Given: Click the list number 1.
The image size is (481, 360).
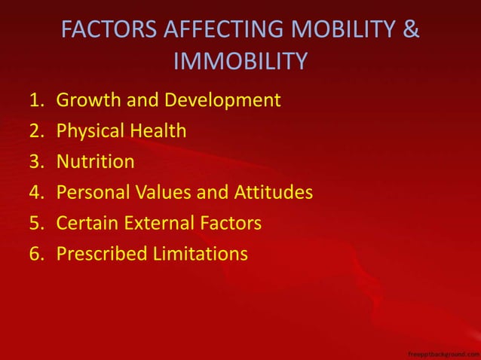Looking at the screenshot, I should (37, 100).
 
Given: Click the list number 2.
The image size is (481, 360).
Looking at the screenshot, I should (37, 131).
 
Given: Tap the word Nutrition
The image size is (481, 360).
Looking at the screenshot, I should (96, 162).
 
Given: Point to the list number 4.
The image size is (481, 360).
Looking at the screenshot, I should (37, 193).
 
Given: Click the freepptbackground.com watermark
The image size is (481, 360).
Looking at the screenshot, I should (442, 352).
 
